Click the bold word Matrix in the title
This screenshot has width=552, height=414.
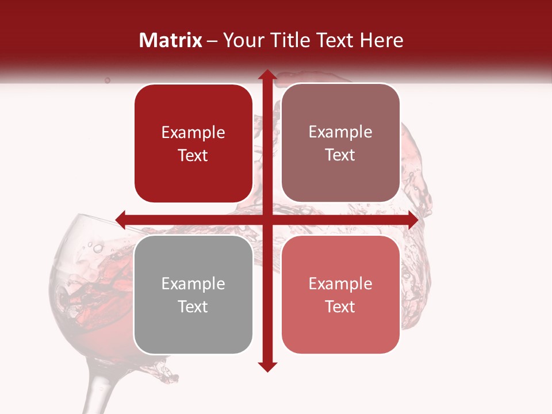171,40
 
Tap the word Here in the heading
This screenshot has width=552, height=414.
381,40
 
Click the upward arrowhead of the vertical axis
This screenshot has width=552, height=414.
267,75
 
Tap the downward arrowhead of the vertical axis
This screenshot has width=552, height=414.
267,366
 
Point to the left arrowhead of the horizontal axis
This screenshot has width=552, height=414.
121,220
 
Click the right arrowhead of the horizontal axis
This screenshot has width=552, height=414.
413,220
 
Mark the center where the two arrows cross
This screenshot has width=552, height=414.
267,220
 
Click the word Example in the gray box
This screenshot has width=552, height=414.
193,284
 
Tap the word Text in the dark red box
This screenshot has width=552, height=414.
193,156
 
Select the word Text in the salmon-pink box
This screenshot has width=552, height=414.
340,306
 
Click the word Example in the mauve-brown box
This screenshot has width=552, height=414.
340,132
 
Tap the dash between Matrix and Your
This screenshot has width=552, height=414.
212,41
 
